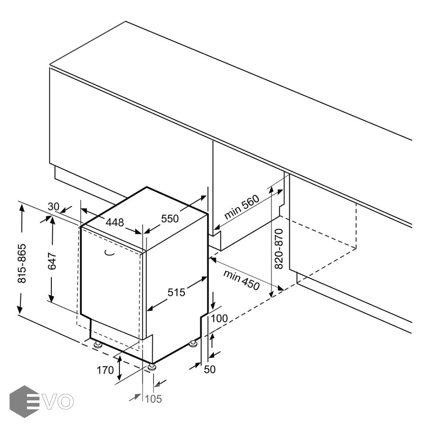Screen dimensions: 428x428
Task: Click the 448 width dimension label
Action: pyautogui.click(x=115, y=223)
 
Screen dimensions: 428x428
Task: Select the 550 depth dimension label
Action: pyautogui.click(x=170, y=219)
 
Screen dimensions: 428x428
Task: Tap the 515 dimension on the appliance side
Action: pyautogui.click(x=176, y=292)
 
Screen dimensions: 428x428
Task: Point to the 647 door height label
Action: pyautogui.click(x=52, y=261)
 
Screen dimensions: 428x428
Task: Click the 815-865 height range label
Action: pyautogui.click(x=21, y=263)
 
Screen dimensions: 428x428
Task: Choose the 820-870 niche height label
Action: pyautogui.click(x=279, y=249)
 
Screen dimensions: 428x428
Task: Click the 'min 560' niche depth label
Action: pyautogui.click(x=242, y=207)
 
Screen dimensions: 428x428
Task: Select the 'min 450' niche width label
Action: pyautogui.click(x=241, y=280)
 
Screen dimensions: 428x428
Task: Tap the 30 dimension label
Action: pyautogui.click(x=53, y=207)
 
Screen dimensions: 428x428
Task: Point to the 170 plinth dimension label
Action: pyautogui.click(x=105, y=370)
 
